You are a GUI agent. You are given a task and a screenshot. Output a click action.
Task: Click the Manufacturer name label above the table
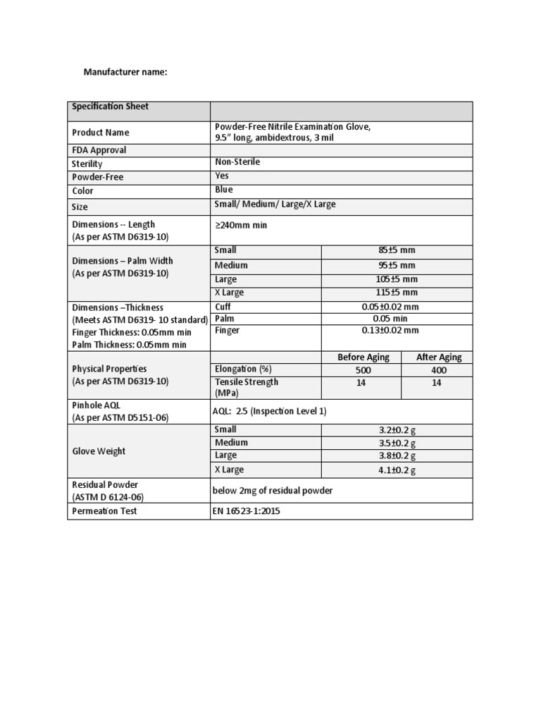point(125,71)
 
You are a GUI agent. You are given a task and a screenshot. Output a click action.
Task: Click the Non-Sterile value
point(237,162)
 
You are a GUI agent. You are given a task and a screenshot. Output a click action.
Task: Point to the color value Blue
point(223,190)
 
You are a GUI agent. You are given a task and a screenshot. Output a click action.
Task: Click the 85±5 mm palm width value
point(397,250)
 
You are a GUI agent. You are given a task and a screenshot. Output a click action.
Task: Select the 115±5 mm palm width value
point(397,292)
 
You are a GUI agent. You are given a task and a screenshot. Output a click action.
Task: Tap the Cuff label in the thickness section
point(223,307)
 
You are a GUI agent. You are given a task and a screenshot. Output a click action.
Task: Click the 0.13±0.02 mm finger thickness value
point(397,330)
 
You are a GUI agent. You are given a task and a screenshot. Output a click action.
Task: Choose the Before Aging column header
point(363,357)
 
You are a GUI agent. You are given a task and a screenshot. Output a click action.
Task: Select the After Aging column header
point(439,357)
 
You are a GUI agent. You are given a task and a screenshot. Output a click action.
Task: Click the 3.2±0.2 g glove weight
point(397,430)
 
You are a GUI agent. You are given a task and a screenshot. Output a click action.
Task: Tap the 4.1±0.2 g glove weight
point(397,470)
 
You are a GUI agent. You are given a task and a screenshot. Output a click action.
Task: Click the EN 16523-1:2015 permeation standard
point(247,511)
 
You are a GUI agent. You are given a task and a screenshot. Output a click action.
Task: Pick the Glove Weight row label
point(100,451)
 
